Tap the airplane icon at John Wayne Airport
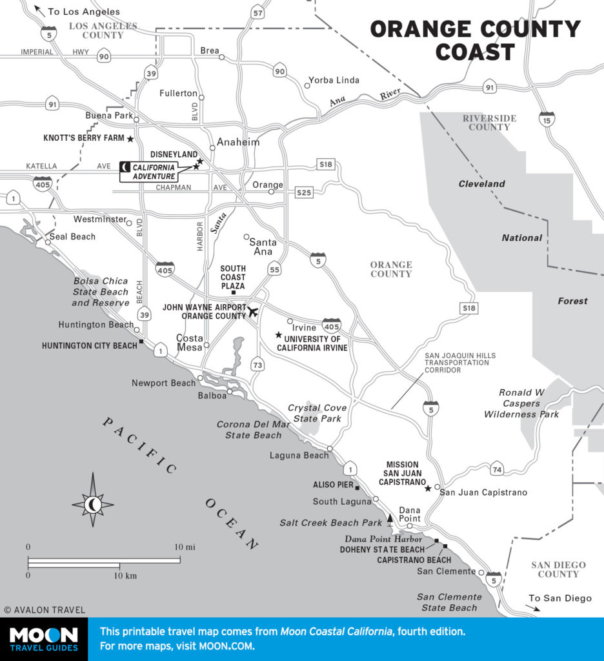click(252, 312)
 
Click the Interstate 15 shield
click(547, 120)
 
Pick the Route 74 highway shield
click(496, 469)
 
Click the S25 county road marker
click(304, 192)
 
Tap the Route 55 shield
click(274, 270)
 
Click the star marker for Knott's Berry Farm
click(130, 139)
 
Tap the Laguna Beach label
click(299, 456)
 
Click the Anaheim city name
click(237, 142)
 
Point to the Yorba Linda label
click(334, 81)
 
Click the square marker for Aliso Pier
click(357, 488)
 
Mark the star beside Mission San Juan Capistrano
click(428, 489)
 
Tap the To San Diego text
click(559, 598)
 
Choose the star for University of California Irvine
click(278, 335)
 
